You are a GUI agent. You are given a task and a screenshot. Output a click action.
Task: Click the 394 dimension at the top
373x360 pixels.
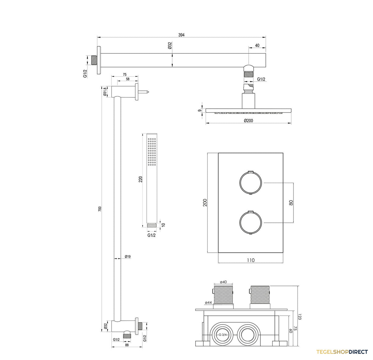coord(181,35)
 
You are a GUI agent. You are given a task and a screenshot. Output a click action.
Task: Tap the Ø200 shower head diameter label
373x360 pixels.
coord(248,120)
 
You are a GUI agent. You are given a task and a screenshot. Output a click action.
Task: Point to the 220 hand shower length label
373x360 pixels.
coord(141,179)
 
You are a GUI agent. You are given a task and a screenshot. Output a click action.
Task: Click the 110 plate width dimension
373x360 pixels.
coord(251,260)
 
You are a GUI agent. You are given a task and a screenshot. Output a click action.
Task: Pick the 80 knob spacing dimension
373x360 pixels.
coord(291,203)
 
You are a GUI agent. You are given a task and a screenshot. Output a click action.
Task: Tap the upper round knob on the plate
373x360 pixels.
coord(251,182)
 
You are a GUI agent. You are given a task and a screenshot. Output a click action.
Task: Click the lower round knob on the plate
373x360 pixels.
coord(251,223)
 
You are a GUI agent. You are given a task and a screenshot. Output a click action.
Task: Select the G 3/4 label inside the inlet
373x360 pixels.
coord(223,335)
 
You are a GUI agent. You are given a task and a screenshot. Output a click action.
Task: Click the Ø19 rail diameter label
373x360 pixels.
coord(127,256)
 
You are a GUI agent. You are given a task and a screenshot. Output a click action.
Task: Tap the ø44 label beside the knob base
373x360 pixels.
coord(208,302)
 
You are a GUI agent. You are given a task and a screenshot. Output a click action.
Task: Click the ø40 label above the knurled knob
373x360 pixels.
coord(223,282)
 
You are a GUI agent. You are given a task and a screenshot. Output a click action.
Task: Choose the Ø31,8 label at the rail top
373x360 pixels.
coord(105,91)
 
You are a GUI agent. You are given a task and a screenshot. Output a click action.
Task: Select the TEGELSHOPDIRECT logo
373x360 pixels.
coord(342,352)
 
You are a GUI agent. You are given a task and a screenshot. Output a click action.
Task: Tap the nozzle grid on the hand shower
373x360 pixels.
coord(152,151)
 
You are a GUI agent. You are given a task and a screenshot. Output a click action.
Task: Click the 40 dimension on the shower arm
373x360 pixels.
coord(257,45)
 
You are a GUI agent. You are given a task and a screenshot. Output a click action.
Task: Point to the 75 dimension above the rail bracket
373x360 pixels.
coord(125,75)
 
